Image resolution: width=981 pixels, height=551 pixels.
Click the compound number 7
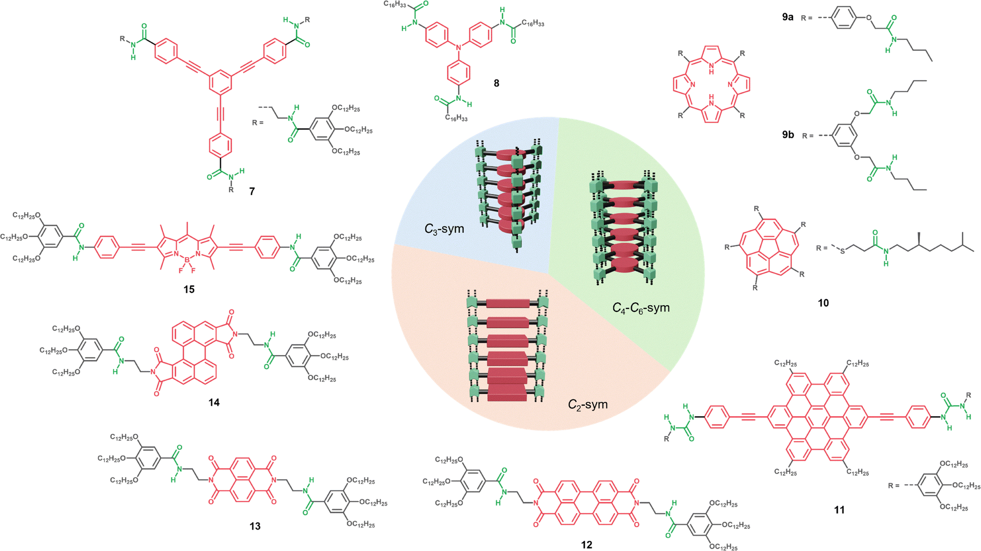(x=252, y=191)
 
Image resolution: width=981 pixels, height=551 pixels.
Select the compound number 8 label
(x=497, y=83)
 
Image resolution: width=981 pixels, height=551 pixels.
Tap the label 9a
(x=788, y=17)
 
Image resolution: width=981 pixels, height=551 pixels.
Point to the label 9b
(x=788, y=134)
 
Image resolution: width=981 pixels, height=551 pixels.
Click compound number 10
(x=823, y=303)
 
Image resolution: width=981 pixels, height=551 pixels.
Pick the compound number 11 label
(x=839, y=510)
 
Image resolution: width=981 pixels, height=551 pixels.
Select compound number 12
(x=586, y=545)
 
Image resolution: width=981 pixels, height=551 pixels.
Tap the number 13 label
(x=254, y=526)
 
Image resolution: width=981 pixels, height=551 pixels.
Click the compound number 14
(x=214, y=402)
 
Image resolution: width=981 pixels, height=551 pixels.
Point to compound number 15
(x=189, y=290)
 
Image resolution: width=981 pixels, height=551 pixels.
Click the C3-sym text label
(x=444, y=229)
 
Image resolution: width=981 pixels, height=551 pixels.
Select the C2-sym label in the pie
(x=588, y=404)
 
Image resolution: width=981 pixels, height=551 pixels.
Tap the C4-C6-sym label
(x=641, y=308)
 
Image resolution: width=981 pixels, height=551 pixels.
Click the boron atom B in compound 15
(x=187, y=259)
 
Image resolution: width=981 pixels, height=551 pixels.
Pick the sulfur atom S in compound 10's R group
(x=843, y=251)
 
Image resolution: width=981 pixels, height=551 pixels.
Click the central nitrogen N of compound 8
(x=458, y=47)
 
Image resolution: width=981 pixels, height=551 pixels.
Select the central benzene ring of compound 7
(x=220, y=82)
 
